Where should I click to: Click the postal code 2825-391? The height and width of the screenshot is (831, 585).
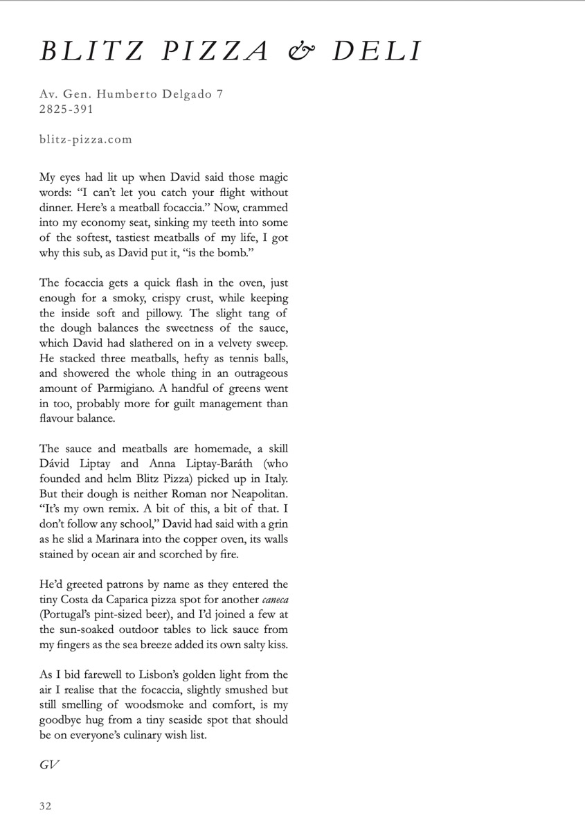(66, 109)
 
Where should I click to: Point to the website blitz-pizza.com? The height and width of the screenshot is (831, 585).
(86, 139)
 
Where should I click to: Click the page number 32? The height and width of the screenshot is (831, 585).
(46, 805)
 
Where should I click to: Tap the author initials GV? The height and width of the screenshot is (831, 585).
(49, 765)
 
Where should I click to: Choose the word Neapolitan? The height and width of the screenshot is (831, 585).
(255, 494)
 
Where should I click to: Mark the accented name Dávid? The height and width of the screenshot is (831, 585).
(55, 464)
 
